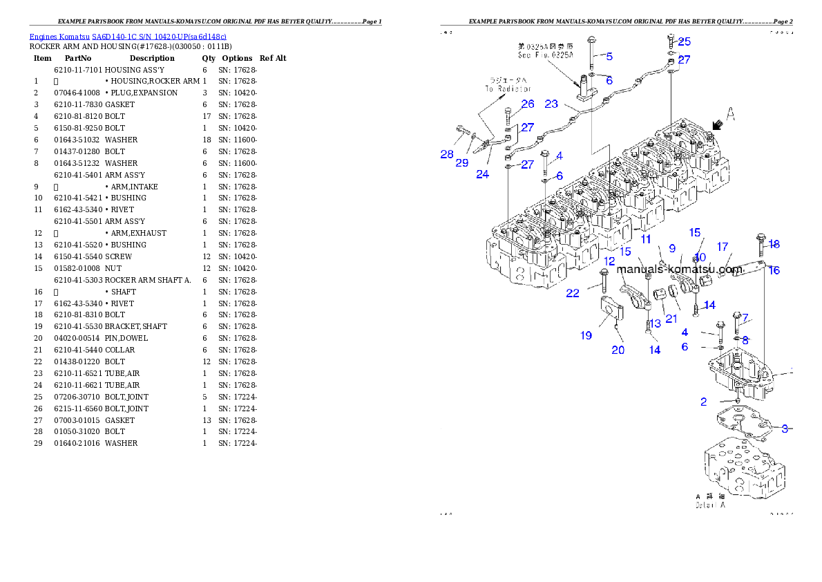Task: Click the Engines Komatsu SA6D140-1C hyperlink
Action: (x=128, y=36)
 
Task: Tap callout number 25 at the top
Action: (x=684, y=42)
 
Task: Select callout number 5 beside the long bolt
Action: (x=609, y=56)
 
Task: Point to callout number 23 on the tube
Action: (x=551, y=104)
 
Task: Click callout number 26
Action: (x=528, y=104)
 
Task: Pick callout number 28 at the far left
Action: (x=447, y=155)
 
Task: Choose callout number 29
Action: (x=461, y=162)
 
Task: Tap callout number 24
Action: (x=482, y=174)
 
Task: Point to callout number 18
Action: (x=774, y=244)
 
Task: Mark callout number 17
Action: (x=723, y=247)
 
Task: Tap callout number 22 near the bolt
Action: (x=573, y=293)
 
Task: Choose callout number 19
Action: (x=586, y=336)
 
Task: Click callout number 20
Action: (x=618, y=350)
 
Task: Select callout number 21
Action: (x=671, y=319)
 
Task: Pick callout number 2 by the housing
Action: (x=703, y=402)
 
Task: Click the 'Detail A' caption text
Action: (x=709, y=500)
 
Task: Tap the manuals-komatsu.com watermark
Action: (x=669, y=269)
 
